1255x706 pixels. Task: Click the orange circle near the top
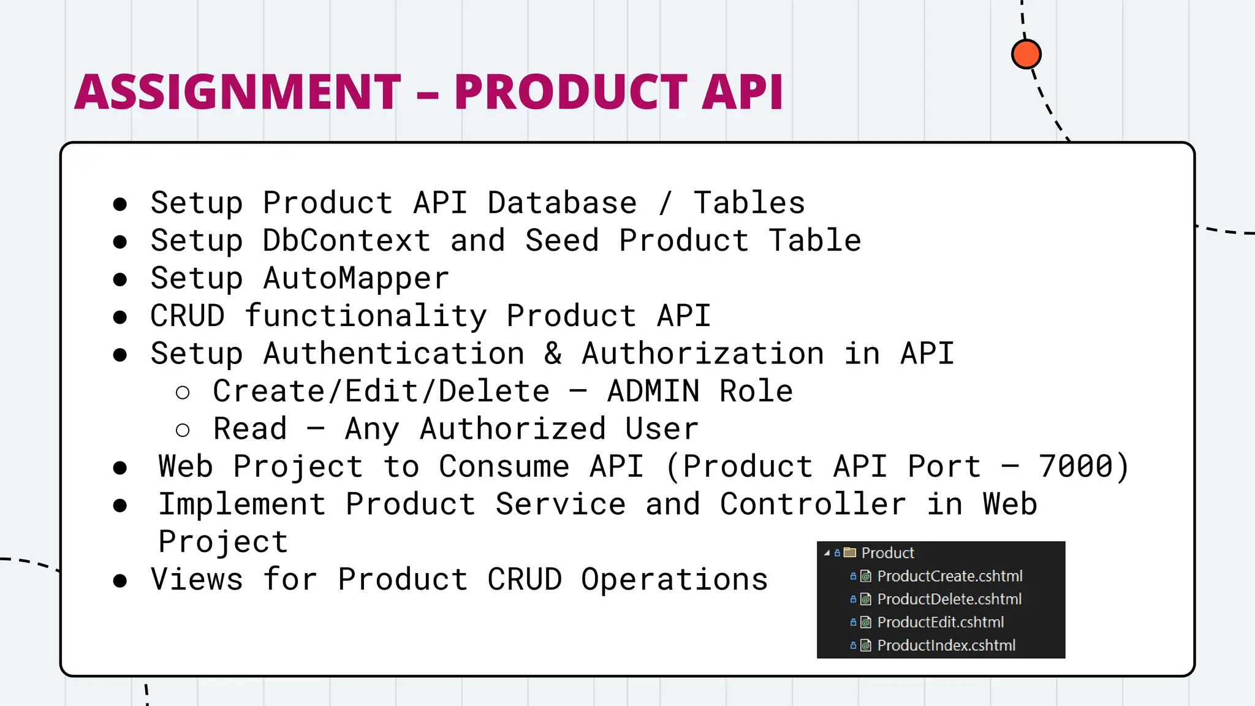click(x=1026, y=55)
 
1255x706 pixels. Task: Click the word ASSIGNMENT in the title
click(x=238, y=92)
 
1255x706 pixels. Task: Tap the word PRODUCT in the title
click(x=571, y=92)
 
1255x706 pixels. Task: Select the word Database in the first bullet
click(x=562, y=203)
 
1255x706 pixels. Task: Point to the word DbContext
click(x=346, y=240)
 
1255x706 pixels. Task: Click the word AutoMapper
click(x=356, y=278)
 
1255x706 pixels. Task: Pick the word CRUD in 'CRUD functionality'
click(x=188, y=316)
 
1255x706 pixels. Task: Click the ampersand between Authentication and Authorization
click(x=553, y=354)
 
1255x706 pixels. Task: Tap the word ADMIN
click(x=653, y=392)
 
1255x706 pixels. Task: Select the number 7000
click(x=1075, y=466)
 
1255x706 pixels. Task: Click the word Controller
click(x=813, y=504)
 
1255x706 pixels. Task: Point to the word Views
click(x=197, y=580)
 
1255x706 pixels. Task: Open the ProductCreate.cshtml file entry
click(x=949, y=576)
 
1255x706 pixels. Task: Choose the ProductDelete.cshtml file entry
click(x=949, y=599)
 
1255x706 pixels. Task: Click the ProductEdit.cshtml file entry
click(x=940, y=622)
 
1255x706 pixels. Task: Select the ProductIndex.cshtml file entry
click(x=946, y=645)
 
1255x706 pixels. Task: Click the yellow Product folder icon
click(x=849, y=553)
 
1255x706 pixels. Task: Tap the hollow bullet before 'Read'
click(x=183, y=430)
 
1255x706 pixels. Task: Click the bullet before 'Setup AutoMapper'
click(x=120, y=279)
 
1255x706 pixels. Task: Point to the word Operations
click(x=674, y=580)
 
